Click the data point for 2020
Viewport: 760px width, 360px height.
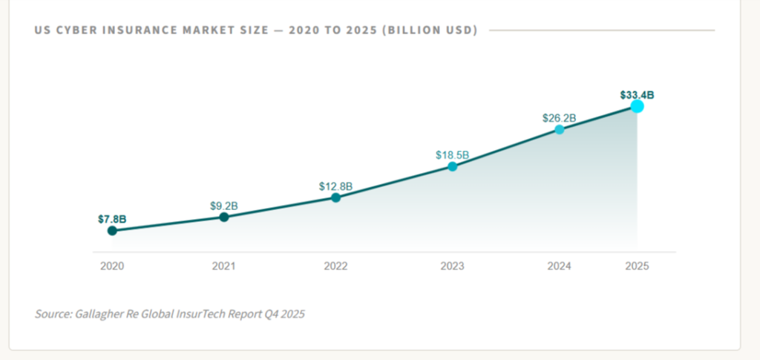tap(112, 231)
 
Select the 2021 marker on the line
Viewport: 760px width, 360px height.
tap(224, 217)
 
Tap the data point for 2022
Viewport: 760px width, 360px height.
tap(335, 198)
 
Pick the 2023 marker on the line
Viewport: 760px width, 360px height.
tap(452, 167)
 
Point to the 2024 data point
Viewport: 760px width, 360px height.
tap(560, 130)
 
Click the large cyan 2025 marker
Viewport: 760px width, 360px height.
tap(637, 106)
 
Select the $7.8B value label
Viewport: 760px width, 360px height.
tap(112, 220)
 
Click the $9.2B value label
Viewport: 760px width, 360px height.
tap(224, 205)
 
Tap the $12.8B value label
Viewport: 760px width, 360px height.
tap(335, 186)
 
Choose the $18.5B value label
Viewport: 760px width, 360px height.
tap(452, 155)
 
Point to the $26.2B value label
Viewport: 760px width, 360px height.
tap(560, 118)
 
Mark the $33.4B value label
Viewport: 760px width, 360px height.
tap(637, 95)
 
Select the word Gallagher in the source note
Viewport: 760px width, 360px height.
tap(98, 314)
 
